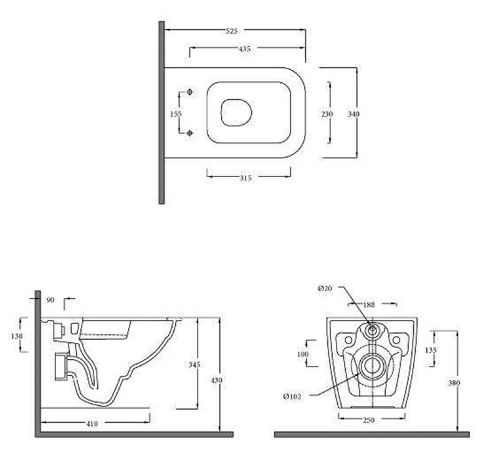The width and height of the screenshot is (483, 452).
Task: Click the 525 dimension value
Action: [232, 31]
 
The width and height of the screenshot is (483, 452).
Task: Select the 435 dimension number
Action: [245, 49]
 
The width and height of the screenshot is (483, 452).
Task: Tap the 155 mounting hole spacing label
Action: [176, 114]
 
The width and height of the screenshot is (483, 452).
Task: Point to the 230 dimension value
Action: [327, 114]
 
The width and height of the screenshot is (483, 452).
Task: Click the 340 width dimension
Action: [354, 114]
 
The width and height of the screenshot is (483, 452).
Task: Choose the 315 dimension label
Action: [246, 178]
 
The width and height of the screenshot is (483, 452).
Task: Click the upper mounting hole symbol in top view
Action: [190, 92]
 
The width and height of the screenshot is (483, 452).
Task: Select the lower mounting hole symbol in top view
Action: [190, 133]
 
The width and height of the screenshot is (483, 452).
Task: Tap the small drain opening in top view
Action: [236, 113]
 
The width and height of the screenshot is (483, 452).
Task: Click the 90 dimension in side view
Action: [50, 300]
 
